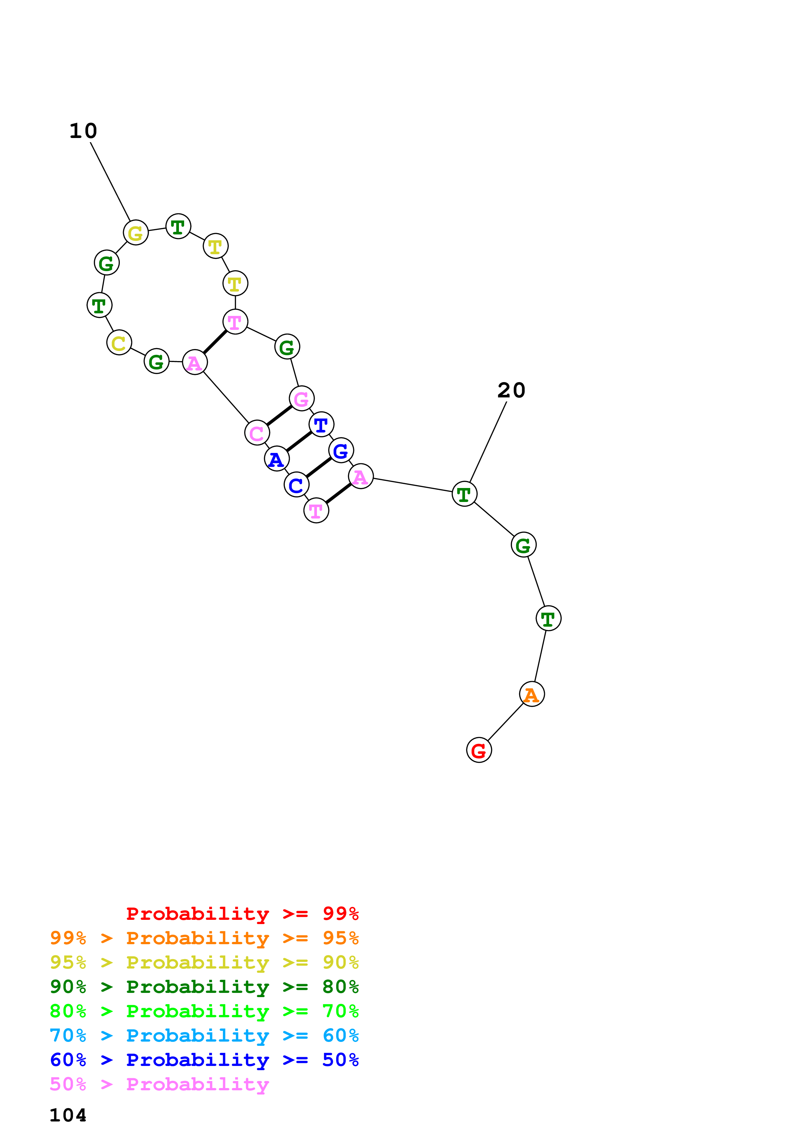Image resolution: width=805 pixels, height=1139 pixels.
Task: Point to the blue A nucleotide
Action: coord(276,458)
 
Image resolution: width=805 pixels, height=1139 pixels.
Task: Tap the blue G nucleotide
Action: coord(341,450)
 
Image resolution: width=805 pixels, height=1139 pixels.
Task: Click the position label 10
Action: coord(83,131)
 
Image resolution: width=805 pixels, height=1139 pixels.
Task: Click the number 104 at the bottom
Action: coord(68,1115)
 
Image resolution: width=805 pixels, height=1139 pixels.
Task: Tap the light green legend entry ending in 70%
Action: coord(204,1011)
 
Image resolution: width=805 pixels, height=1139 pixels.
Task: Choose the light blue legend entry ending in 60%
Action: coord(204,1035)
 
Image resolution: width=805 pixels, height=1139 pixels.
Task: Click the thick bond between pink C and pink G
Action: coord(279,415)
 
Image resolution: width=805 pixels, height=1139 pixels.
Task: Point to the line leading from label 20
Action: coord(488,442)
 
